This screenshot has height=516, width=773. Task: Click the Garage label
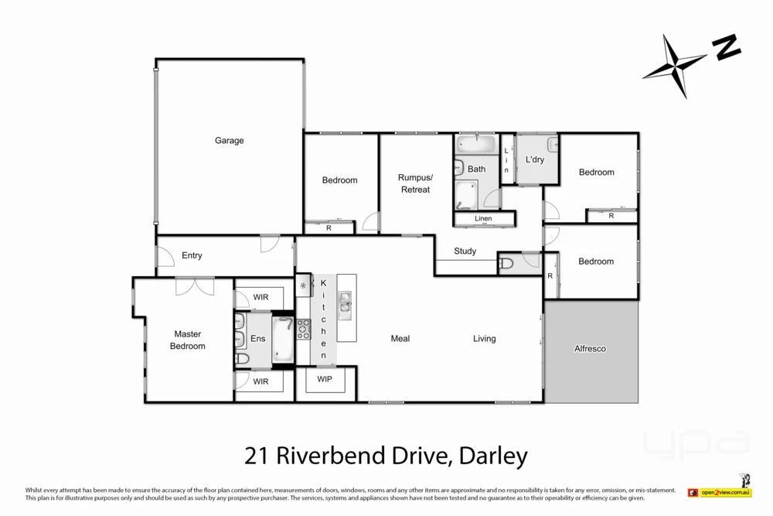click(229, 141)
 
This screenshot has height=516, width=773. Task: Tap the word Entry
click(192, 256)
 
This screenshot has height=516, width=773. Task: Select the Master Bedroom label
click(188, 340)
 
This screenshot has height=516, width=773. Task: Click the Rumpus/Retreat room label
click(415, 183)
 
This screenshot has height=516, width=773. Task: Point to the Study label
click(465, 251)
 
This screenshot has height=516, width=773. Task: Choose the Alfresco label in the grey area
click(590, 349)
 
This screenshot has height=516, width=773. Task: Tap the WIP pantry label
click(325, 379)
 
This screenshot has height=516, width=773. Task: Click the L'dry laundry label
click(534, 160)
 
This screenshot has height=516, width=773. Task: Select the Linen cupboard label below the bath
click(483, 219)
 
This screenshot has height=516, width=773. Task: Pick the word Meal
click(400, 339)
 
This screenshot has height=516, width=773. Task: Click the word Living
click(485, 339)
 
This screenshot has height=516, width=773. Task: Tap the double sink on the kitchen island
click(346, 305)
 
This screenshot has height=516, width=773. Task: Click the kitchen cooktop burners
click(303, 329)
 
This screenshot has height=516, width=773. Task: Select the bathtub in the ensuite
click(283, 339)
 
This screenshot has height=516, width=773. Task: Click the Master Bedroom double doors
click(194, 286)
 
